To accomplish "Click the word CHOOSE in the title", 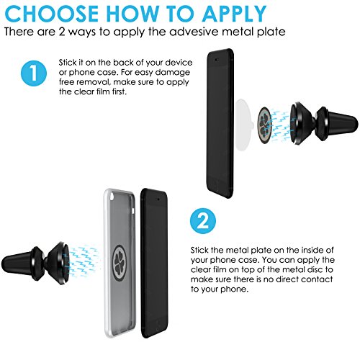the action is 52,14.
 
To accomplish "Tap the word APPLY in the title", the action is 234,14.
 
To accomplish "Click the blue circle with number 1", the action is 34,73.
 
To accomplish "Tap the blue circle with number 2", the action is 203,221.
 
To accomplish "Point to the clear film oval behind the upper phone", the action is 243,125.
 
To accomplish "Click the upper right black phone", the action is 220,123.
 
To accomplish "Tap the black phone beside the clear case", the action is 154,263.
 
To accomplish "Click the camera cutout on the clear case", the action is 112,197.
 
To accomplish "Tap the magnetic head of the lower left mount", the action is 58,263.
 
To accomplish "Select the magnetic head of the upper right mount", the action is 302,123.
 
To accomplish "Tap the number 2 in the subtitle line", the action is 62,32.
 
